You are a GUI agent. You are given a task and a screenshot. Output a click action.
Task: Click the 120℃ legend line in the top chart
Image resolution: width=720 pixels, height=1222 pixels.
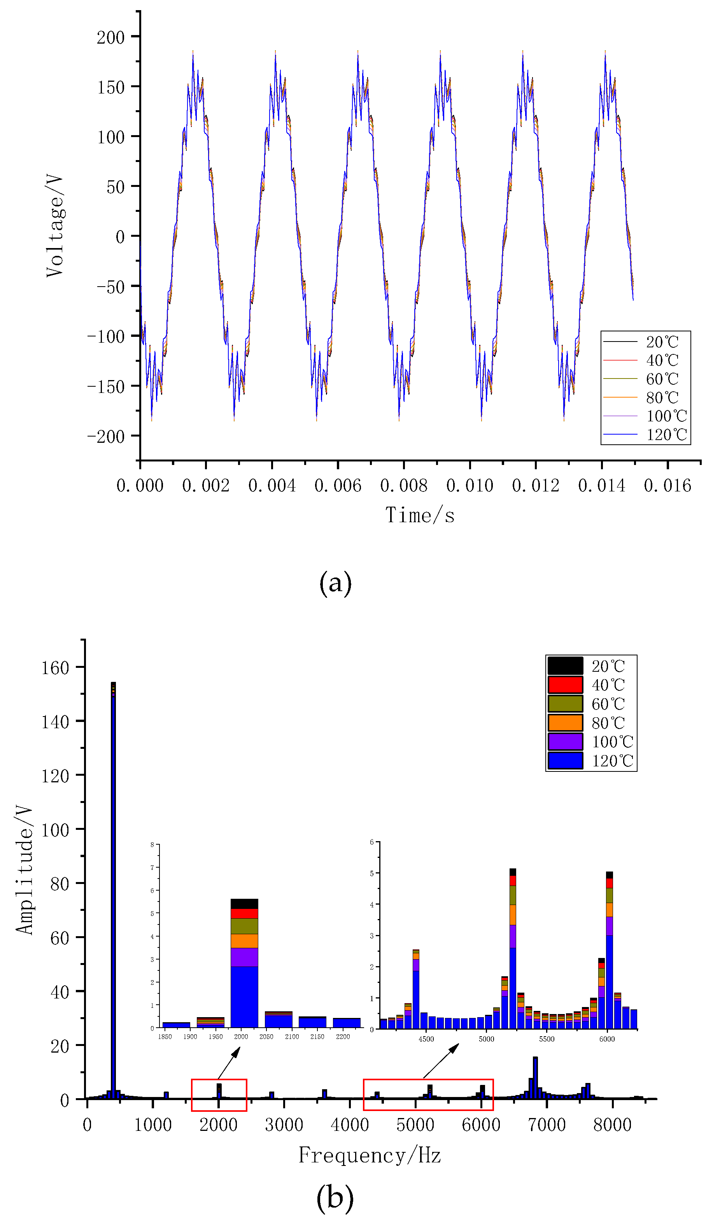(620, 434)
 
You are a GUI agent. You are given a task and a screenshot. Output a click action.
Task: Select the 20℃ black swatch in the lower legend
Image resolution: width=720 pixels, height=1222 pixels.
(565, 666)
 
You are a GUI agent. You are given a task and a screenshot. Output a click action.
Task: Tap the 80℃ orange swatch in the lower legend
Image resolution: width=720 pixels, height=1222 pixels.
(565, 722)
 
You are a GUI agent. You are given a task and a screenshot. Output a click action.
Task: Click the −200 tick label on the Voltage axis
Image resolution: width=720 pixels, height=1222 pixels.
(106, 436)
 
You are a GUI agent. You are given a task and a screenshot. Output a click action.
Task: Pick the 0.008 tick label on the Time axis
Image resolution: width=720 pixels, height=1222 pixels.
(404, 485)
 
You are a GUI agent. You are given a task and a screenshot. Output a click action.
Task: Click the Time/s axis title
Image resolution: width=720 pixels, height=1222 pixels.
(420, 515)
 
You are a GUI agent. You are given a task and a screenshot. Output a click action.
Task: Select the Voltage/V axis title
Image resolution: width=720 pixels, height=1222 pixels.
(54, 226)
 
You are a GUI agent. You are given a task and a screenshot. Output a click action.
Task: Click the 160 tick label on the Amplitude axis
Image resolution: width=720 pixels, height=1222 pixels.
(55, 668)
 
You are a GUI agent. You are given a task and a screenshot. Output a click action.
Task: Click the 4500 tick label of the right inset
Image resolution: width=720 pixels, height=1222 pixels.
(426, 1039)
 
